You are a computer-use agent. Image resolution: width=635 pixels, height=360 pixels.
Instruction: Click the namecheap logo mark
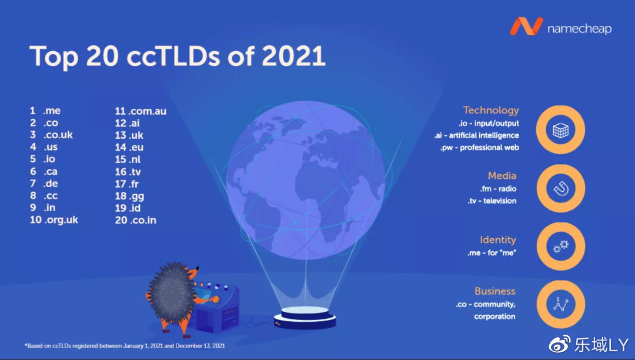(x=526, y=26)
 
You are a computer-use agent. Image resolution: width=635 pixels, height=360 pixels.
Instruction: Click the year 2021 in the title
(x=293, y=56)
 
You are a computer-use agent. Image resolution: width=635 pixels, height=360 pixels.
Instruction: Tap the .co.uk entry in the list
(x=51, y=135)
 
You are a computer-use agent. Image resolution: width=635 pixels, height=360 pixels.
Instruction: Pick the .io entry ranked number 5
(x=42, y=159)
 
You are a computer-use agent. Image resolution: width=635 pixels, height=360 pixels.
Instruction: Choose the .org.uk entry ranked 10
(x=54, y=220)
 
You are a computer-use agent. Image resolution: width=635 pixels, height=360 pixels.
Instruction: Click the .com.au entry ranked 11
(x=141, y=111)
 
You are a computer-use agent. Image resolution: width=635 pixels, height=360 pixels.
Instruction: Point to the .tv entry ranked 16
(x=128, y=172)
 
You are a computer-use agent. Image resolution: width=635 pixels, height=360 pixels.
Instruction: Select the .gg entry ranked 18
(x=129, y=196)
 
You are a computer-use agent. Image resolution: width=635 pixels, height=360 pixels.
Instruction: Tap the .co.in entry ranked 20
(x=136, y=220)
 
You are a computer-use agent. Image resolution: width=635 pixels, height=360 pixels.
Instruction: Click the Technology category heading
(x=491, y=111)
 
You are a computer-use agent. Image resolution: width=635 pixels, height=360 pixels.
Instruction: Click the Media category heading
(x=502, y=175)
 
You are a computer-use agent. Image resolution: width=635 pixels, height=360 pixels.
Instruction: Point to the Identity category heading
(x=498, y=240)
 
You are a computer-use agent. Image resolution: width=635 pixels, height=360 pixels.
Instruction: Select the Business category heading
(x=495, y=291)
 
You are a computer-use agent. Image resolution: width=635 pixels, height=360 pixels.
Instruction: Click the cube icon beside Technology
(x=560, y=130)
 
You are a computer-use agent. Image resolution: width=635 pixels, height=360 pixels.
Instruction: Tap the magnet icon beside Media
(x=561, y=188)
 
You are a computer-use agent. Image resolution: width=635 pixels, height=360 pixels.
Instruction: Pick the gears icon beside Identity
(x=561, y=246)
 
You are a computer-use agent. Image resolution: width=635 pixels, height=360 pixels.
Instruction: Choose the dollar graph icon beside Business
(x=561, y=304)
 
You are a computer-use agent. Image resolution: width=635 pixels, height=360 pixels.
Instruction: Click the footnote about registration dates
(x=125, y=346)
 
